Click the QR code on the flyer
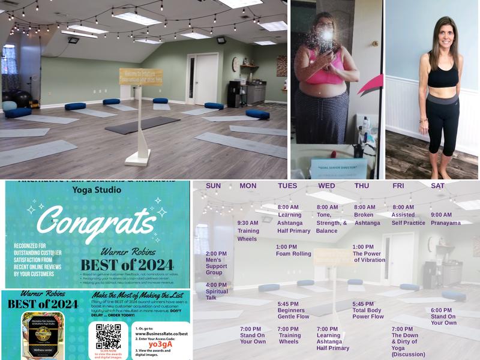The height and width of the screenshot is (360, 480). (108, 336)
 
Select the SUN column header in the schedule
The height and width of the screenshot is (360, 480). (213, 186)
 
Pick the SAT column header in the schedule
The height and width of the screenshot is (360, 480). (437, 186)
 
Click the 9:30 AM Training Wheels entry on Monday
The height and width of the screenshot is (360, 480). (248, 230)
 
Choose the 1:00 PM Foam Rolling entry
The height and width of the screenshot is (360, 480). (293, 250)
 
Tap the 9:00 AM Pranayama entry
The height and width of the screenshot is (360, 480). (445, 218)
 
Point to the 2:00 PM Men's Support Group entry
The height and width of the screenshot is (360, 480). (216, 263)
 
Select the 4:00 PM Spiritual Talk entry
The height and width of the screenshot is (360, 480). (216, 291)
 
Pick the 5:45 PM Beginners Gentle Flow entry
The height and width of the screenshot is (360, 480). (293, 310)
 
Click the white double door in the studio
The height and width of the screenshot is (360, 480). (202, 77)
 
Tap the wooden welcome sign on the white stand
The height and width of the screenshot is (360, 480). (140, 76)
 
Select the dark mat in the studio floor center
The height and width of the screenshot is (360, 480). (142, 125)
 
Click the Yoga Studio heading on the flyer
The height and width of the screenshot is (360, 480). (96, 190)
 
